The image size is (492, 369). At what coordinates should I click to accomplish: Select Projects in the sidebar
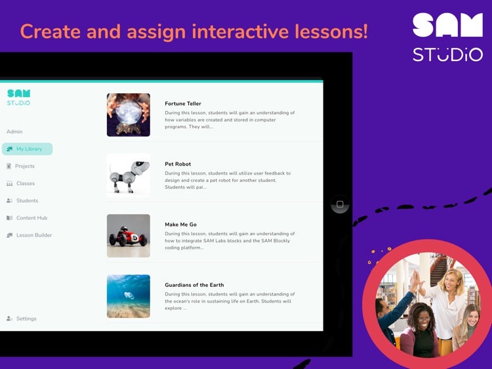(x=24, y=166)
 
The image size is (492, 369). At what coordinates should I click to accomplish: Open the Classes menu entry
(x=25, y=183)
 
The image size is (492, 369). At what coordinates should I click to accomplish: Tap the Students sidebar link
(x=27, y=200)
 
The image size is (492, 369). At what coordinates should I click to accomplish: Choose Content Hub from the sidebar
(x=31, y=218)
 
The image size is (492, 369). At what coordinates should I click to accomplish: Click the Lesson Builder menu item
(x=33, y=235)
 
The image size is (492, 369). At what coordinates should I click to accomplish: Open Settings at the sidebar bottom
(x=26, y=318)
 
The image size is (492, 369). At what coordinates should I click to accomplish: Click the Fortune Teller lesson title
(x=183, y=104)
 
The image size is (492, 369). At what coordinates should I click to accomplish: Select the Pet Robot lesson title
(x=178, y=164)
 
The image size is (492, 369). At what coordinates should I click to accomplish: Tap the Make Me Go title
(x=180, y=225)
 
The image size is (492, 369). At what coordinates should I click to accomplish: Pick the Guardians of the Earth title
(x=194, y=285)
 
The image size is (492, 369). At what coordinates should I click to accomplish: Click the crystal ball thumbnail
(x=129, y=115)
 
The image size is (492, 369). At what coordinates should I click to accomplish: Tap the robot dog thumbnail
(x=129, y=175)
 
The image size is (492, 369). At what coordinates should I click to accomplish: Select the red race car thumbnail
(x=129, y=236)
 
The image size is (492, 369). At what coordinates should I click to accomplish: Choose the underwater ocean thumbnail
(x=129, y=296)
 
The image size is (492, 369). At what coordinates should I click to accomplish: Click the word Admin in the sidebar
(x=14, y=131)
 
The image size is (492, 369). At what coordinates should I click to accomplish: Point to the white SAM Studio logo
(x=447, y=37)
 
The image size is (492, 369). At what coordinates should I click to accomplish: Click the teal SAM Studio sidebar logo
(x=18, y=97)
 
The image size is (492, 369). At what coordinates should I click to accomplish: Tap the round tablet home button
(x=340, y=204)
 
